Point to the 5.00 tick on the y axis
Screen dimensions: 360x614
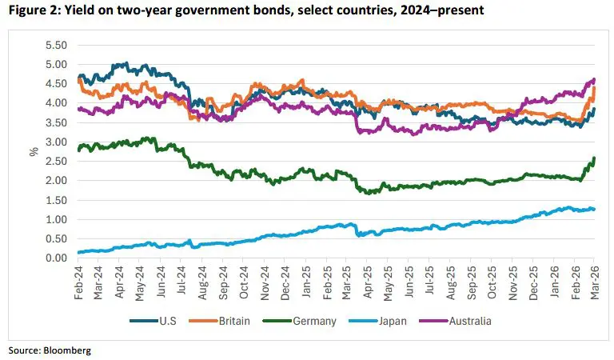(x=57, y=65)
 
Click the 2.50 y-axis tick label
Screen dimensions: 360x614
(x=57, y=162)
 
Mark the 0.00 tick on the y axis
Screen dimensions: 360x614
(x=57, y=258)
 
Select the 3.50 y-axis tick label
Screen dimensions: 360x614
(x=57, y=122)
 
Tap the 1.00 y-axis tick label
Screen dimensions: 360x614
(x=57, y=220)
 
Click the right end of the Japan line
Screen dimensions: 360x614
(x=595, y=210)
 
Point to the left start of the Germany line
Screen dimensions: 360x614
(x=78, y=150)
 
